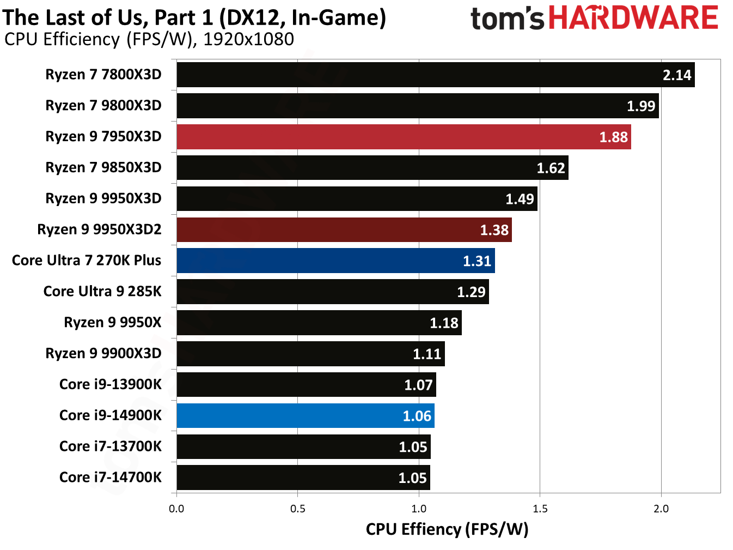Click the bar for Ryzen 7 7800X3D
point(435,75)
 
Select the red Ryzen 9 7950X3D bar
point(404,137)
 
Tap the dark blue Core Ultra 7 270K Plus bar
point(335,261)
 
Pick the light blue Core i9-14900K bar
point(305,416)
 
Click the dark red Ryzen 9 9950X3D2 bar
point(344,229)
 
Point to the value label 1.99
point(640,106)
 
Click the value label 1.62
point(551,168)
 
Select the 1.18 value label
point(444,323)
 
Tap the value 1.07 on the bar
point(418,385)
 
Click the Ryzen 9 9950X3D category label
point(103,198)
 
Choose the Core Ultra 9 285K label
point(102,292)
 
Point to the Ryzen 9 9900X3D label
point(103,354)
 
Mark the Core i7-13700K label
point(111,446)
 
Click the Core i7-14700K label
point(111,478)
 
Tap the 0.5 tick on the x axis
point(297,509)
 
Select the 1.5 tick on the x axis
point(540,509)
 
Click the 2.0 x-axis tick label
point(661,509)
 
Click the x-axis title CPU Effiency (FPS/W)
point(447,529)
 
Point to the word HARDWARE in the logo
point(633,18)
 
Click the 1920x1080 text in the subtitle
point(248,39)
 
